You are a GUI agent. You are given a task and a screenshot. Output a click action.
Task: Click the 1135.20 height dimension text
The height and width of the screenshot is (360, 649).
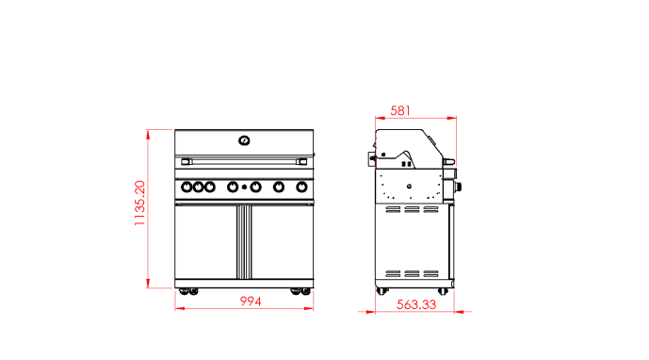pyautogui.click(x=139, y=205)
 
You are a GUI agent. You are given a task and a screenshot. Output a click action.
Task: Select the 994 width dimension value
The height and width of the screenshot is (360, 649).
pyautogui.click(x=249, y=302)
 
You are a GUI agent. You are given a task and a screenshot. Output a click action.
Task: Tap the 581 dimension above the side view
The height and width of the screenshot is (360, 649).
pyautogui.click(x=400, y=110)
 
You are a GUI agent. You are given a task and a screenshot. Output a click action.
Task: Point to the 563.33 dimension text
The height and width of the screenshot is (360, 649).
pyautogui.click(x=415, y=304)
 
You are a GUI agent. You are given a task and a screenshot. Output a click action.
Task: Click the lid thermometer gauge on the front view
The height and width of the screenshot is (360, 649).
pyautogui.click(x=244, y=140)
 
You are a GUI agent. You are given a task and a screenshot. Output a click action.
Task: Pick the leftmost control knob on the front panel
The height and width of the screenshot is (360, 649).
pyautogui.click(x=187, y=187)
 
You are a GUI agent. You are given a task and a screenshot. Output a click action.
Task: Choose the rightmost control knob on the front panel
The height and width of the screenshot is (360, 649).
pyautogui.click(x=301, y=187)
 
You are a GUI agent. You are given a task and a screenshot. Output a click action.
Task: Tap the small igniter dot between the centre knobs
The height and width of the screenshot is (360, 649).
pyautogui.click(x=244, y=188)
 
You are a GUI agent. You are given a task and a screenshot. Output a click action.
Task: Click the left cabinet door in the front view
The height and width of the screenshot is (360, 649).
pyautogui.click(x=204, y=241)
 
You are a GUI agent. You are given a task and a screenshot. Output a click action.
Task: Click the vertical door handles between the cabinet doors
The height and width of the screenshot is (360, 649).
pyautogui.click(x=244, y=241)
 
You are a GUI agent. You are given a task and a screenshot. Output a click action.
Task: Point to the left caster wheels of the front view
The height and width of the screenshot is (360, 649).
pyautogui.click(x=187, y=291)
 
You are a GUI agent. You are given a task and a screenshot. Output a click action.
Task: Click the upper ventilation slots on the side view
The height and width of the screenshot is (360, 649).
pyautogui.click(x=411, y=212)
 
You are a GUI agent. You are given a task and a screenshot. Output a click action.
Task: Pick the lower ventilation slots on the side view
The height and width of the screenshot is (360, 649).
pyautogui.click(x=411, y=273)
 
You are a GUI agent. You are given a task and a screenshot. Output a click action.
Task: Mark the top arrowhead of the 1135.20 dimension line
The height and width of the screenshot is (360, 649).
pyautogui.click(x=149, y=133)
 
